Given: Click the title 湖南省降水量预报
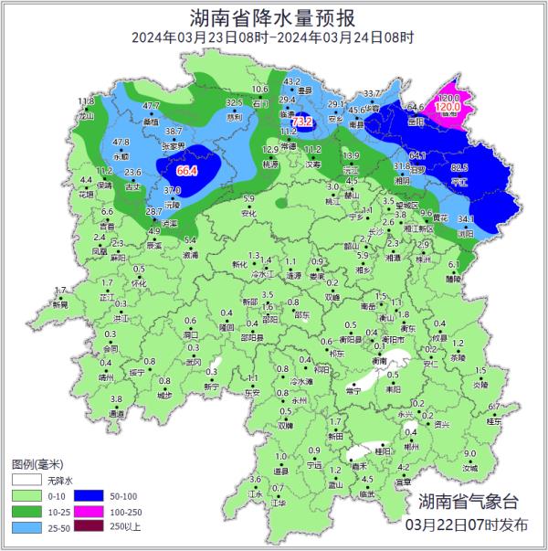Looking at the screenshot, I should tap(273, 16).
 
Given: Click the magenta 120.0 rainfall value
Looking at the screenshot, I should tap(448, 107).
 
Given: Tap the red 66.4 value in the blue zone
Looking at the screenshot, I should tap(187, 171).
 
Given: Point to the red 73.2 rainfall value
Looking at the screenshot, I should tap(302, 122).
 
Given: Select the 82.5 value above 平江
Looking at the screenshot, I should tap(459, 168).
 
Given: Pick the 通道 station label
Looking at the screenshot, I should tap(117, 414).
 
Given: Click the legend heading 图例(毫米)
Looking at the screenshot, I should tap(35, 463).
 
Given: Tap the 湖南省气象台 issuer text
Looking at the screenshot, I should tap(468, 502).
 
